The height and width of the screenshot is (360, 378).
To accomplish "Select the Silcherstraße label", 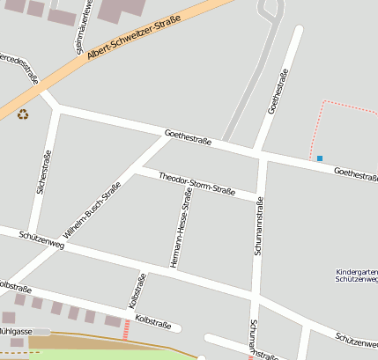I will [x=45, y=172].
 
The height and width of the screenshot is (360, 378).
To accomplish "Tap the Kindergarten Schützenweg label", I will [x=357, y=277].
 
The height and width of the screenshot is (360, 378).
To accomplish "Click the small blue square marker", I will [x=320, y=158].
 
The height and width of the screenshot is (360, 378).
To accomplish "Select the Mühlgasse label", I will [x=15, y=331].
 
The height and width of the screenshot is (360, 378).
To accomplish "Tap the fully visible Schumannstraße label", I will [x=259, y=227].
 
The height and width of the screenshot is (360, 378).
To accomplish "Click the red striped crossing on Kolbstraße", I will [x=126, y=329].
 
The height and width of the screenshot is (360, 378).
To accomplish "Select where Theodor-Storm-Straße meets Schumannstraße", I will [x=258, y=195].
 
